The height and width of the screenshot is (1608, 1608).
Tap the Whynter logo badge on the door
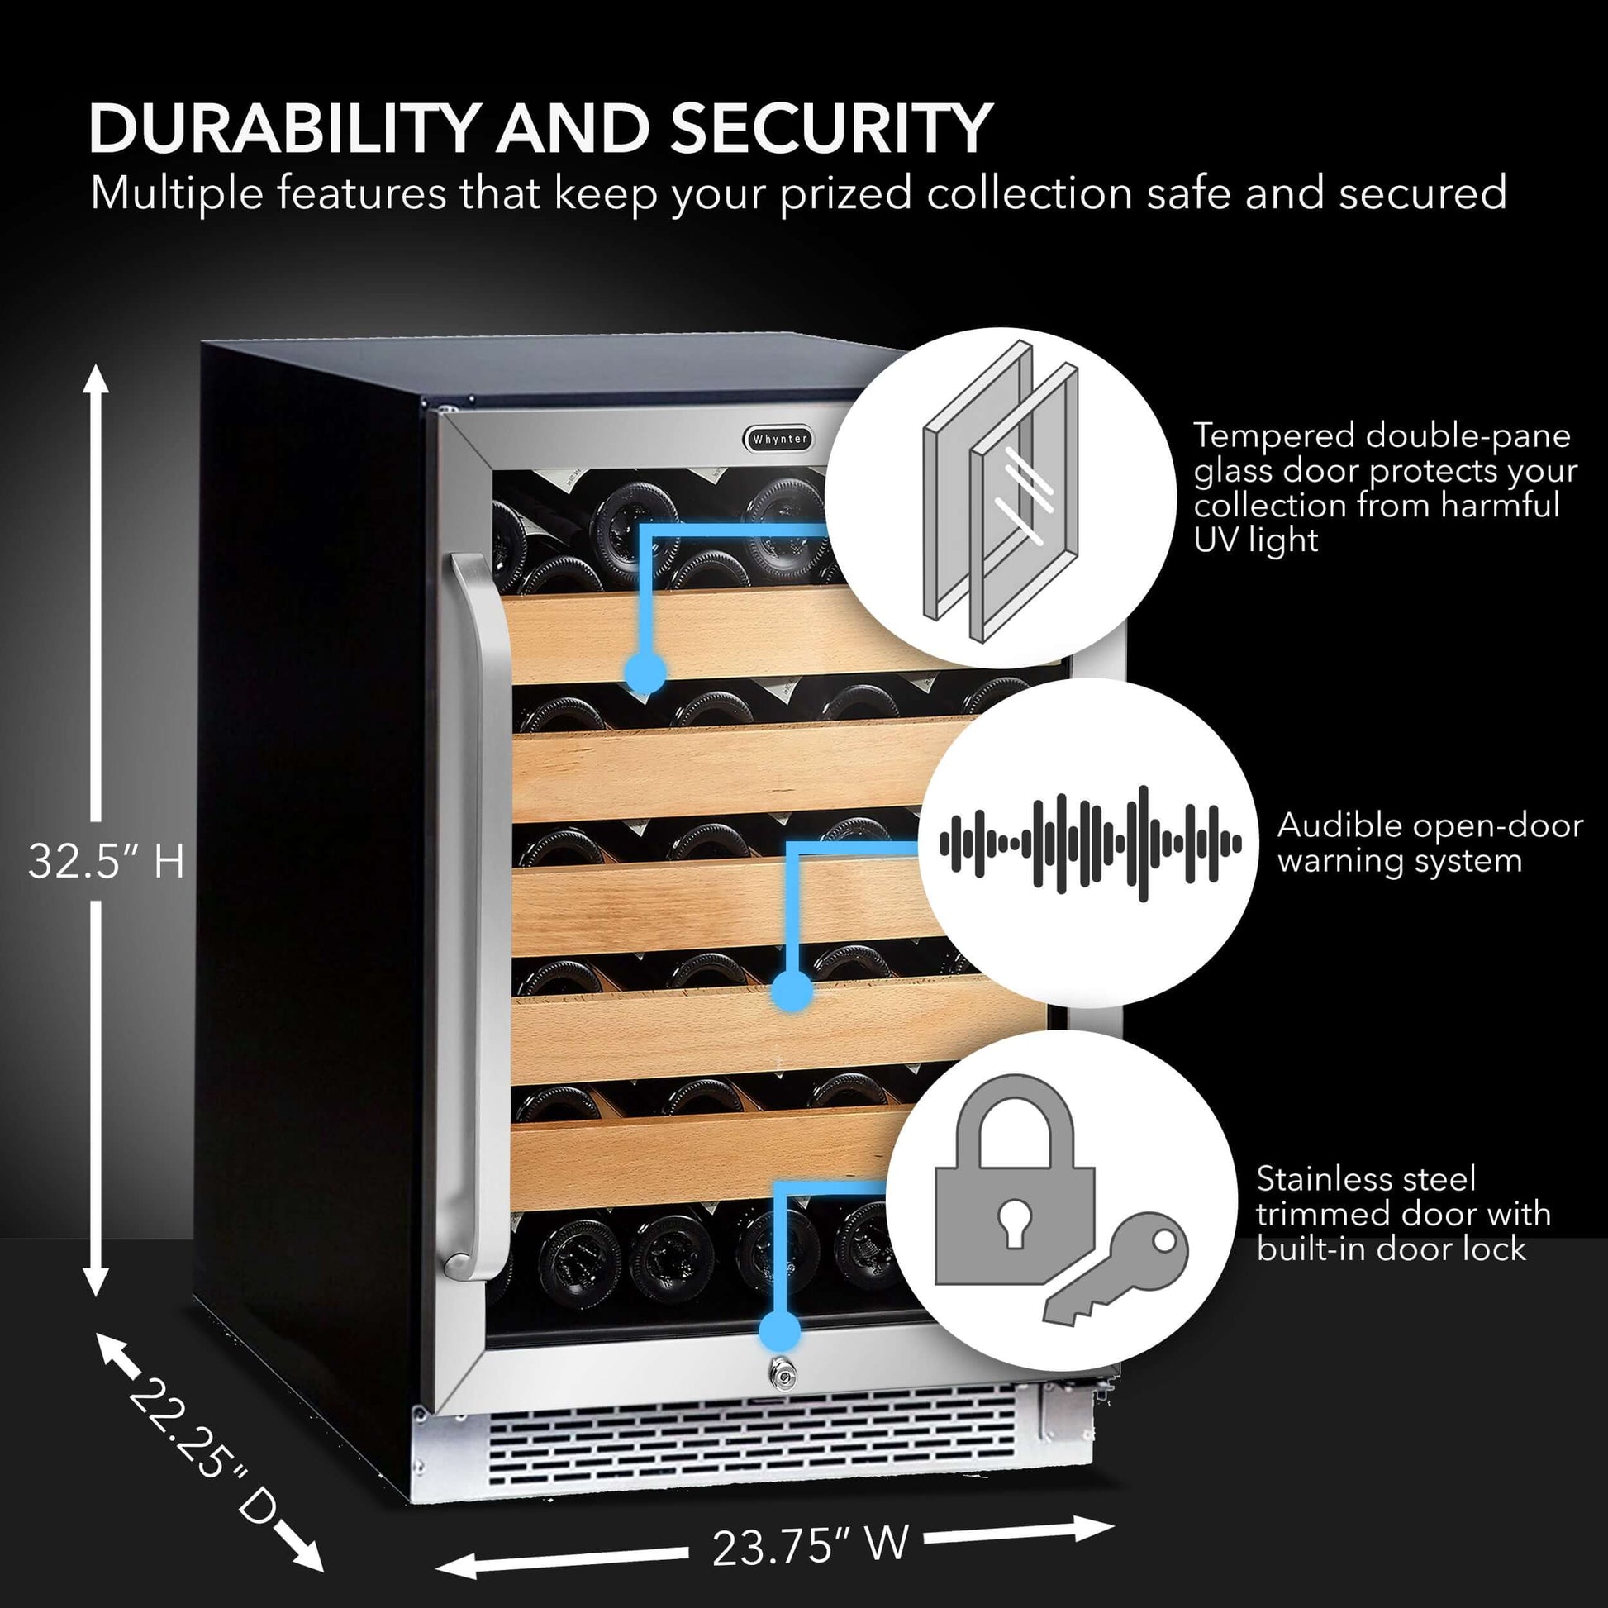coord(779,439)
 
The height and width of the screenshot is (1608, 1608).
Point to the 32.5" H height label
coord(106,860)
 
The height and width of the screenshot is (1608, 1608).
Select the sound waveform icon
coord(1090,843)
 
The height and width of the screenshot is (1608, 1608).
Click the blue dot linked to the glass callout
coord(645,671)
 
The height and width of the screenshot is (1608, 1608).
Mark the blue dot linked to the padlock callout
coord(780,1330)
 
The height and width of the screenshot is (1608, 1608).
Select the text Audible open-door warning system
coord(1429,843)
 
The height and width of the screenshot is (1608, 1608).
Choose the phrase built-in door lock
coord(1392,1249)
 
